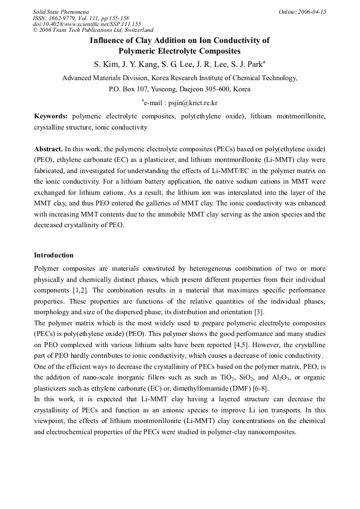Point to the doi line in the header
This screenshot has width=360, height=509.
[x=87, y=24]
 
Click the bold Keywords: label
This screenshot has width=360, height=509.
[x=51, y=116]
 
